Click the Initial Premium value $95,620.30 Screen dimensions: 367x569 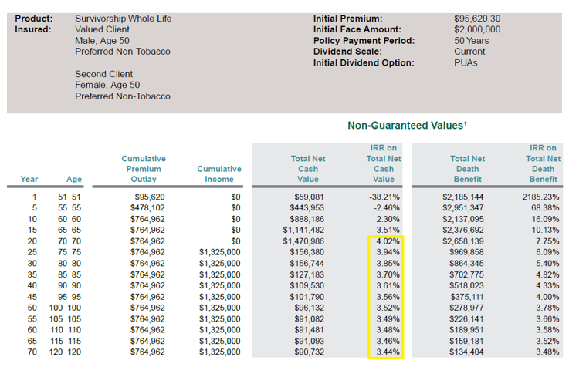pyautogui.click(x=477, y=19)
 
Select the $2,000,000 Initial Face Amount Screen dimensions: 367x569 pyautogui.click(x=477, y=29)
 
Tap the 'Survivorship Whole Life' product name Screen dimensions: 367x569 pyautogui.click(x=124, y=19)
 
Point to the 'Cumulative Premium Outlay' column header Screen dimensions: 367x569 pyautogui.click(x=144, y=169)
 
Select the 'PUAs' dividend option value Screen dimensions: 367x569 pyautogui.click(x=466, y=62)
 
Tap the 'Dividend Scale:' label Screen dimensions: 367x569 pyautogui.click(x=350, y=52)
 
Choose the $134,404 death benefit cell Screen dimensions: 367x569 pyautogui.click(x=467, y=352)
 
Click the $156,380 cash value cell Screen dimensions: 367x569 pyautogui.click(x=307, y=252)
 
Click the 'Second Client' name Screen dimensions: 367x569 pyautogui.click(x=105, y=74)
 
